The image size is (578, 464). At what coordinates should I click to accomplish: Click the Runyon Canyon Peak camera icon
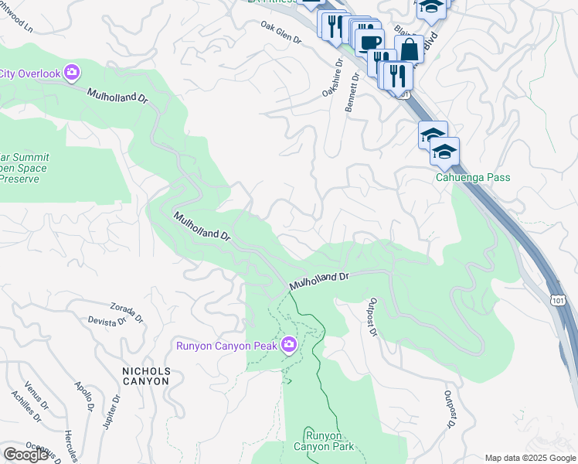289,344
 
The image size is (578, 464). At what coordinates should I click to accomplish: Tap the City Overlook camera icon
72,73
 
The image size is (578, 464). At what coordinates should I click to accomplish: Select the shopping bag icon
409,49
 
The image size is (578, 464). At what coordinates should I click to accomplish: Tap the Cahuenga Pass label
471,177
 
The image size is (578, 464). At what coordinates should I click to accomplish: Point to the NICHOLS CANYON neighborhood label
147,377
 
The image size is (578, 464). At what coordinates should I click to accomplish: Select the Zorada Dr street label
127,311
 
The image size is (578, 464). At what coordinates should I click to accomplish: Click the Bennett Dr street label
352,93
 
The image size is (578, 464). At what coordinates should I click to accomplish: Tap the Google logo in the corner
26,454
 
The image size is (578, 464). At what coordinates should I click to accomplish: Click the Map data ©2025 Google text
529,458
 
